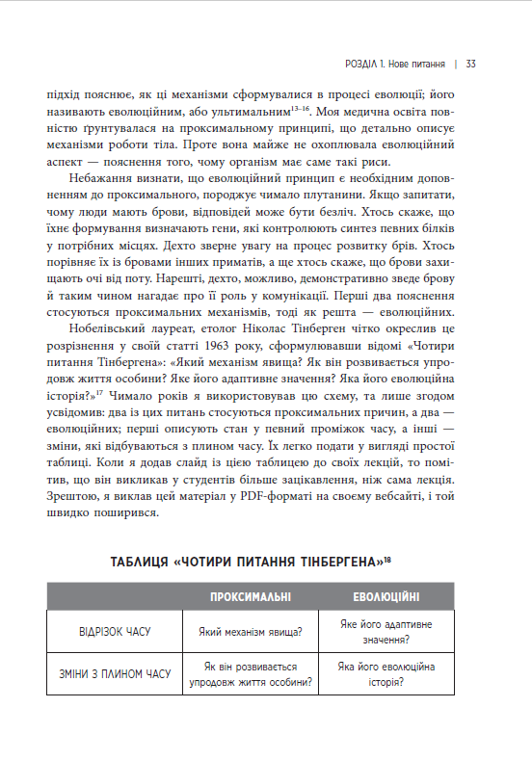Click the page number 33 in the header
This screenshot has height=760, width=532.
click(471, 64)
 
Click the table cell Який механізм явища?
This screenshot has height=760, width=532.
click(251, 633)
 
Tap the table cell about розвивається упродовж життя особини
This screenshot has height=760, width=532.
click(251, 673)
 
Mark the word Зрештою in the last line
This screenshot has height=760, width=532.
click(73, 495)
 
